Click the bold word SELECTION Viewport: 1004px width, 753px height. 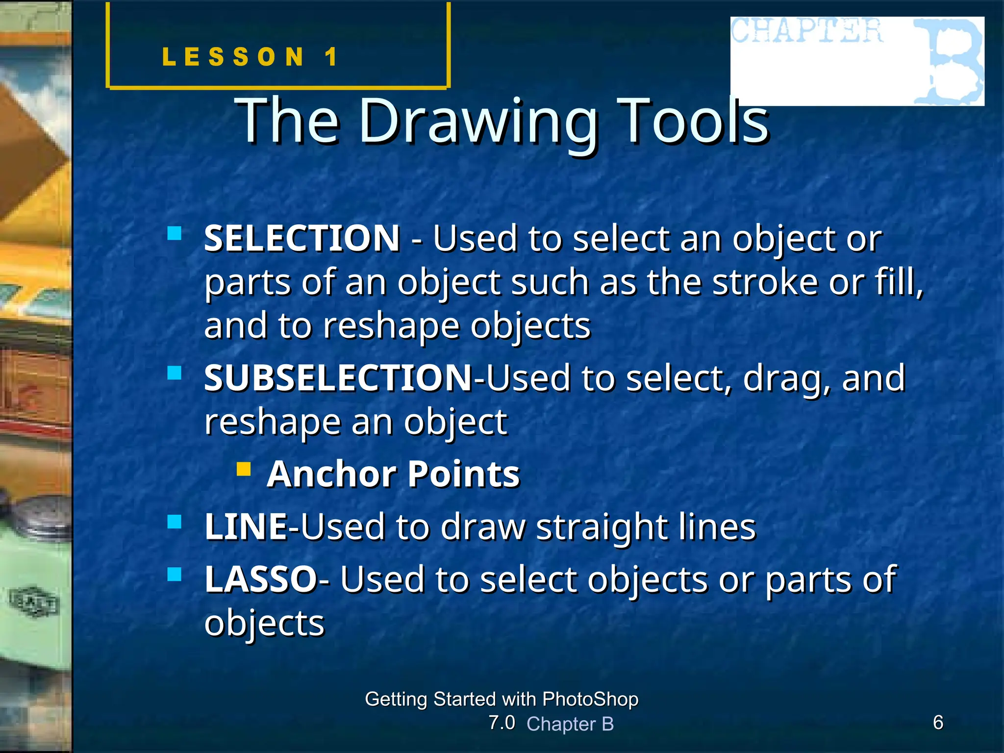pyautogui.click(x=302, y=239)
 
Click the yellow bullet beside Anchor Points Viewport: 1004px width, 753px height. pyautogui.click(x=244, y=469)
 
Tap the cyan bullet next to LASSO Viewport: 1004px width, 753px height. pyautogui.click(x=175, y=574)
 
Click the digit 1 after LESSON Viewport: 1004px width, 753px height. pyautogui.click(x=332, y=57)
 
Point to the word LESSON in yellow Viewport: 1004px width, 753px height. pyautogui.click(x=233, y=57)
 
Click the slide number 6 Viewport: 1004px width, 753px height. pyautogui.click(x=938, y=722)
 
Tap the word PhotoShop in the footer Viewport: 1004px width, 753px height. pyautogui.click(x=590, y=699)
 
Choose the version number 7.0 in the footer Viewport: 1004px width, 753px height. pyautogui.click(x=502, y=723)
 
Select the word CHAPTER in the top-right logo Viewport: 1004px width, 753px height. pyautogui.click(x=807, y=31)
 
